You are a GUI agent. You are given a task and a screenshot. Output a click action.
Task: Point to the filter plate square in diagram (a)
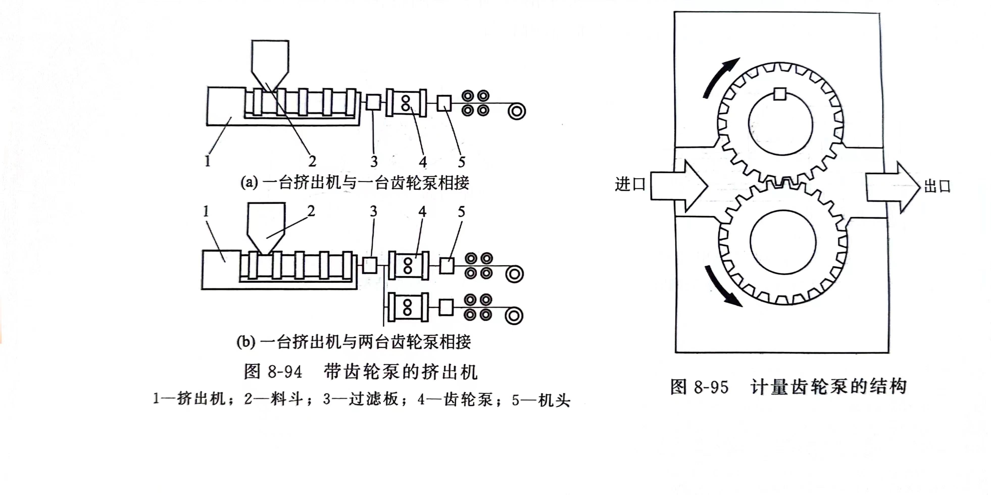click(373, 102)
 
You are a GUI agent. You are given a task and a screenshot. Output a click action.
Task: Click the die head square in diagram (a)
click(444, 103)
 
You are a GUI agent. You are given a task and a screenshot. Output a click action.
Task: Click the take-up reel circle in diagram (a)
click(516, 111)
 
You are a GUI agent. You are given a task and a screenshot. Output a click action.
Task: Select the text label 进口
click(630, 184)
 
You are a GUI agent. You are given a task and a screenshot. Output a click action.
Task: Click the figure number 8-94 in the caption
click(285, 372)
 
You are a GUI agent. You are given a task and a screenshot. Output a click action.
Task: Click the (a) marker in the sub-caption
click(249, 182)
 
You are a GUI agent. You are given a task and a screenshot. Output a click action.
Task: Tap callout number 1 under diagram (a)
click(208, 161)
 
